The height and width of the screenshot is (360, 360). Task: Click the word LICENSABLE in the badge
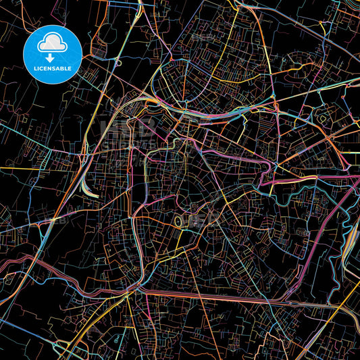(x=53, y=68)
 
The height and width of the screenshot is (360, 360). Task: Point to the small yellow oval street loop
(x=179, y=220)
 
